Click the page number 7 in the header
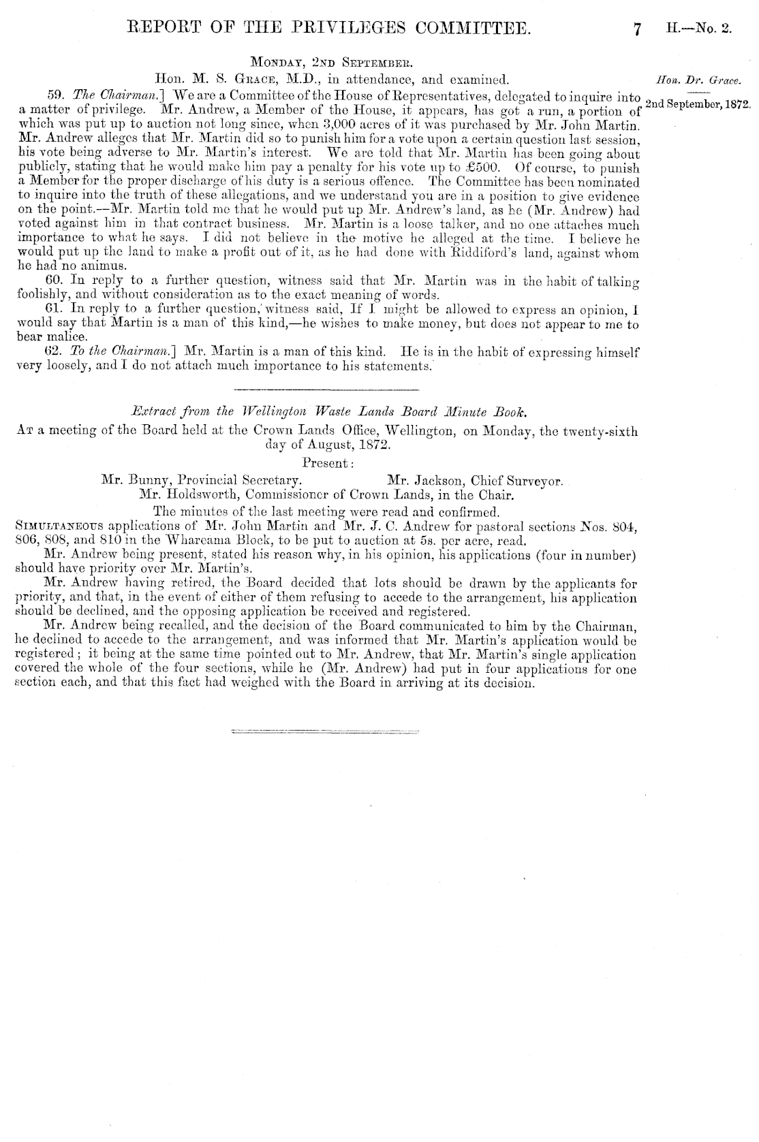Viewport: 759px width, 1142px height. pyautogui.click(x=637, y=29)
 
